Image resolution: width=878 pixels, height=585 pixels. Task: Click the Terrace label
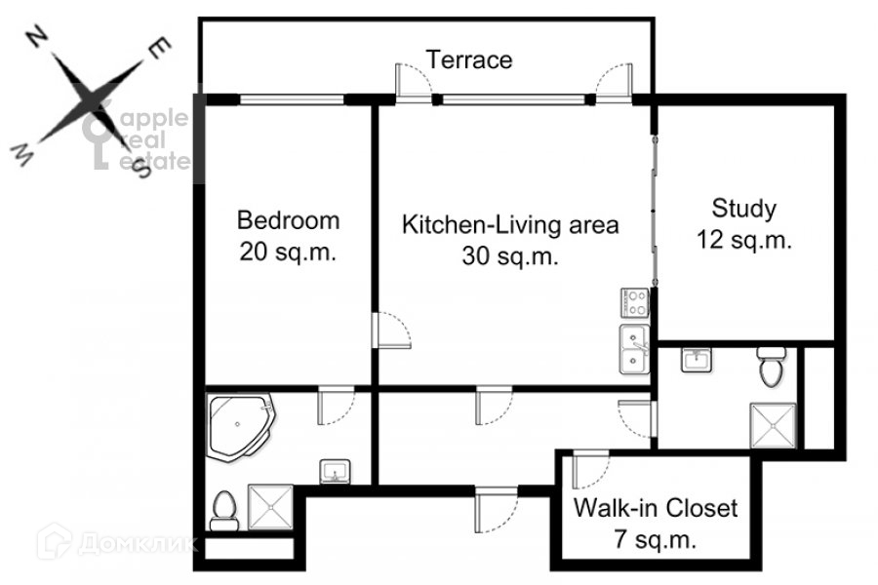click(x=469, y=59)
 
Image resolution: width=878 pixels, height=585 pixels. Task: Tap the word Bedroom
click(x=289, y=220)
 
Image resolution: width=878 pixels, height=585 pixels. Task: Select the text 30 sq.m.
click(x=510, y=256)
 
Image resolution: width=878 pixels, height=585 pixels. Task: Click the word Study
click(x=744, y=209)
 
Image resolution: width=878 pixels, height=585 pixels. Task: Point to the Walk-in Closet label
click(x=656, y=508)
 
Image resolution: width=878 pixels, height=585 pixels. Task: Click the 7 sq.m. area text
click(x=656, y=539)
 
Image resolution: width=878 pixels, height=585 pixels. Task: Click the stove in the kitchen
click(x=634, y=303)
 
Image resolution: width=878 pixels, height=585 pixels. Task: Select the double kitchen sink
click(x=634, y=349)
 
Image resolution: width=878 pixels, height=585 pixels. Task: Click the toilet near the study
click(x=772, y=367)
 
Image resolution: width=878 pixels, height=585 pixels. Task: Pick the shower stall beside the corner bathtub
click(x=270, y=507)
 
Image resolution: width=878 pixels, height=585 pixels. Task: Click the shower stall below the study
click(x=773, y=425)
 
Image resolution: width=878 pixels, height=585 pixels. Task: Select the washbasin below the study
click(x=697, y=360)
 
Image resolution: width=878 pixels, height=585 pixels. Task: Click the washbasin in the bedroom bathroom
click(x=336, y=471)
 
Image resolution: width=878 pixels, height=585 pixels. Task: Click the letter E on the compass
click(x=159, y=49)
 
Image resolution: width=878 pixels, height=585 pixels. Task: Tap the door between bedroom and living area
click(x=391, y=331)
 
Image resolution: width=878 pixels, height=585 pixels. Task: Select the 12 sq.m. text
click(x=744, y=240)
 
